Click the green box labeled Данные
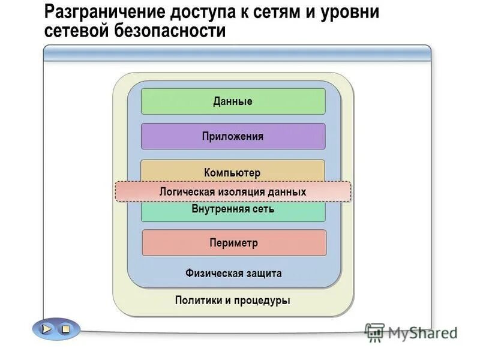(233, 101)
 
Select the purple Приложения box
(233, 136)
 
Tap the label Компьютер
(233, 173)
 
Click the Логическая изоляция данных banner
(233, 191)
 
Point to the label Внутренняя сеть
(233, 209)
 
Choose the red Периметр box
(234, 243)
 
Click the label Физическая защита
(233, 274)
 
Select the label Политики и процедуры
(233, 300)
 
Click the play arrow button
(47, 329)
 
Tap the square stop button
(65, 329)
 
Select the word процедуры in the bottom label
(262, 300)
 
